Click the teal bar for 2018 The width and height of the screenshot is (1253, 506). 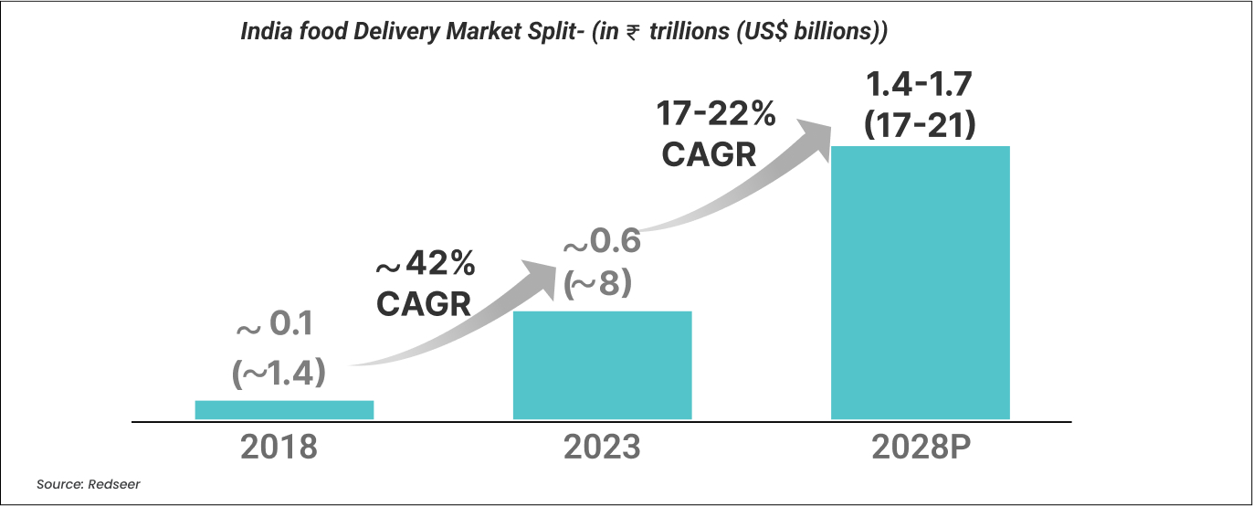284,410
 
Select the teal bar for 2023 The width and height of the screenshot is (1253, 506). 602,365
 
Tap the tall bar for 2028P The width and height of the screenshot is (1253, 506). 920,282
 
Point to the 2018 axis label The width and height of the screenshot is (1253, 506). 279,448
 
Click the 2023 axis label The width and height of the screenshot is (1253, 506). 602,448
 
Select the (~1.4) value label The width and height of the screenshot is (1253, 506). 279,373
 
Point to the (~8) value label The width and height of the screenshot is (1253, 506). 598,285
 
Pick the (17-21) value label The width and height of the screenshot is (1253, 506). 920,124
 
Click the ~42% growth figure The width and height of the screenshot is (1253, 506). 425,265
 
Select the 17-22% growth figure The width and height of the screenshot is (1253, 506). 717,115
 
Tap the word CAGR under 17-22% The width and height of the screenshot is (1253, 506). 710,154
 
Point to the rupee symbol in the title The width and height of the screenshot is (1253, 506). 631,33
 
